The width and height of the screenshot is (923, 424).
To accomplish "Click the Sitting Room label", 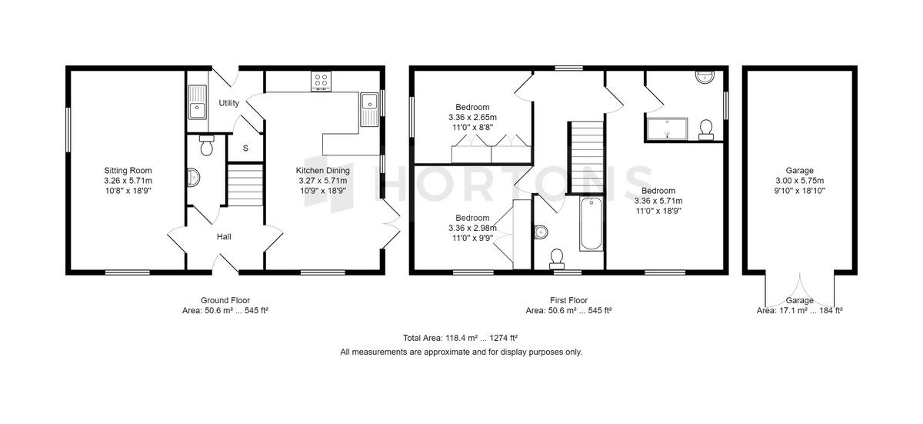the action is (128, 170).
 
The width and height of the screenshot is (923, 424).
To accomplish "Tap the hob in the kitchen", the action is (321, 82).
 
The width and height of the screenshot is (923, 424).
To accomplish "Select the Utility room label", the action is (228, 103).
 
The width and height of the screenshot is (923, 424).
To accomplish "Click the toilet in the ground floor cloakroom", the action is (206, 145).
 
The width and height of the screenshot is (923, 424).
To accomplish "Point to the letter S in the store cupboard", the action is (245, 149).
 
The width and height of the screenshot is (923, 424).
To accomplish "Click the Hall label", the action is (224, 236).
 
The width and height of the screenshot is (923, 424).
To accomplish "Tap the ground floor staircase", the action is (245, 185).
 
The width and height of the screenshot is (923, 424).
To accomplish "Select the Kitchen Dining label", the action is (322, 170).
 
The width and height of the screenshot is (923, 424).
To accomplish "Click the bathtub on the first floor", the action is (591, 224).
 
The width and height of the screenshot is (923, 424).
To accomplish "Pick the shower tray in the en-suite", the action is (667, 129).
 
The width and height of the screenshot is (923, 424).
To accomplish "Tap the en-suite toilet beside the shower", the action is (706, 130).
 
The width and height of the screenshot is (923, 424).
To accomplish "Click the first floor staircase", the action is (586, 157).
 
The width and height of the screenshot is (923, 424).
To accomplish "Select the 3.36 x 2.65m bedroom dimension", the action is (472, 118).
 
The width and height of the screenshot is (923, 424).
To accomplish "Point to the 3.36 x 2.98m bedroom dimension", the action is (472, 228).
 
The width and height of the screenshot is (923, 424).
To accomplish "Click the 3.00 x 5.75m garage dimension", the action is (800, 181).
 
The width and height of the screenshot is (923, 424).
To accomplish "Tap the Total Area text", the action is (460, 339).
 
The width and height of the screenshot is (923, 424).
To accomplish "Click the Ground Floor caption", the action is (225, 300).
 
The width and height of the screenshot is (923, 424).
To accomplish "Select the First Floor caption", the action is (568, 300).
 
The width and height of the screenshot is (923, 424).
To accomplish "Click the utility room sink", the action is (198, 102).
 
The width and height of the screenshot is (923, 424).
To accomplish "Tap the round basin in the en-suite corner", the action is (705, 77).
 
